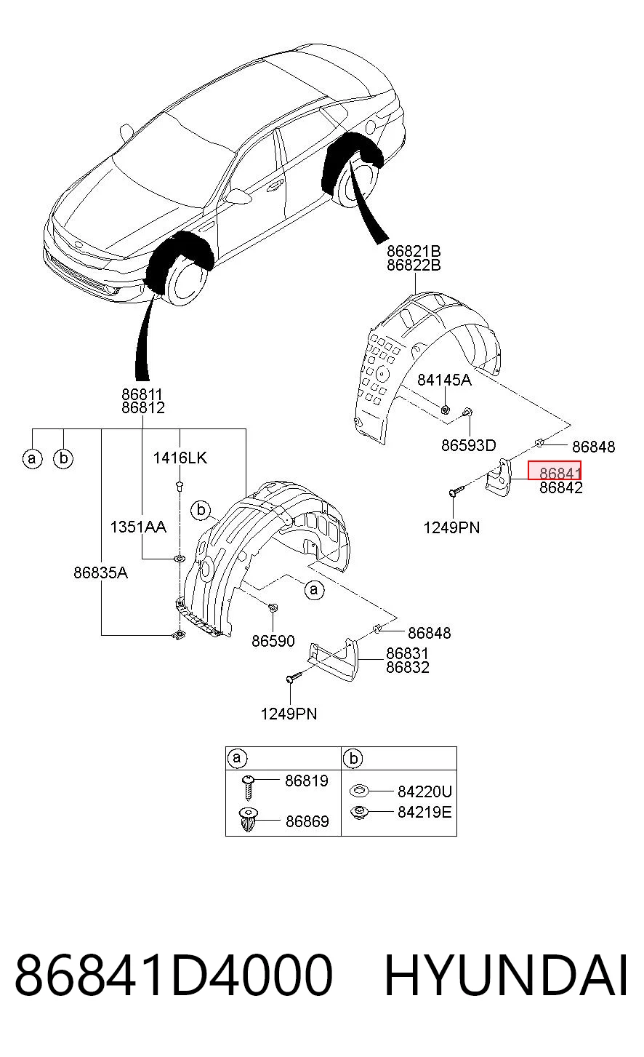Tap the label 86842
pyautogui.click(x=561, y=487)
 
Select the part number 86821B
pyautogui.click(x=414, y=250)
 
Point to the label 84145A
pyautogui.click(x=444, y=380)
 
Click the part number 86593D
pyautogui.click(x=469, y=445)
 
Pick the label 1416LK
pyautogui.click(x=180, y=458)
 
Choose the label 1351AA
pyautogui.click(x=138, y=527)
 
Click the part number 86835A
pyautogui.click(x=100, y=573)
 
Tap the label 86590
pyautogui.click(x=273, y=641)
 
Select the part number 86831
pyautogui.click(x=407, y=653)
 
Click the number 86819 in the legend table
pyautogui.click(x=307, y=781)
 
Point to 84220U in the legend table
pyautogui.click(x=424, y=791)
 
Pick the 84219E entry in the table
pyautogui.click(x=424, y=812)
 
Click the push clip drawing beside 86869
pyautogui.click(x=249, y=820)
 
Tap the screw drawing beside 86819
pyautogui.click(x=248, y=786)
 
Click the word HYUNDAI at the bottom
pyautogui.click(x=506, y=976)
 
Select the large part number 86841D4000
pyautogui.click(x=174, y=976)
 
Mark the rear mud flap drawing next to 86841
pyautogui.click(x=499, y=477)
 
